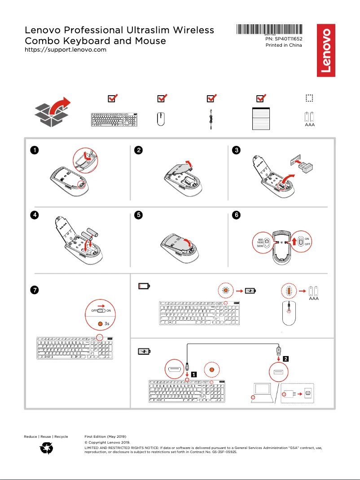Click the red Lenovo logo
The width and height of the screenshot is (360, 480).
(326, 50)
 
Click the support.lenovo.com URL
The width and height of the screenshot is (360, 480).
(65, 49)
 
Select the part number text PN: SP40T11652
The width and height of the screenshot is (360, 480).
(284, 39)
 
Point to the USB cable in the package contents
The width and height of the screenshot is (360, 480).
(211, 120)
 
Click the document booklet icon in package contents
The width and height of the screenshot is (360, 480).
(261, 119)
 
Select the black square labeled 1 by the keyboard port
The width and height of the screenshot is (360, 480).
(193, 374)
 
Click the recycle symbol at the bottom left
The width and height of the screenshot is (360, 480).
(47, 448)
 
